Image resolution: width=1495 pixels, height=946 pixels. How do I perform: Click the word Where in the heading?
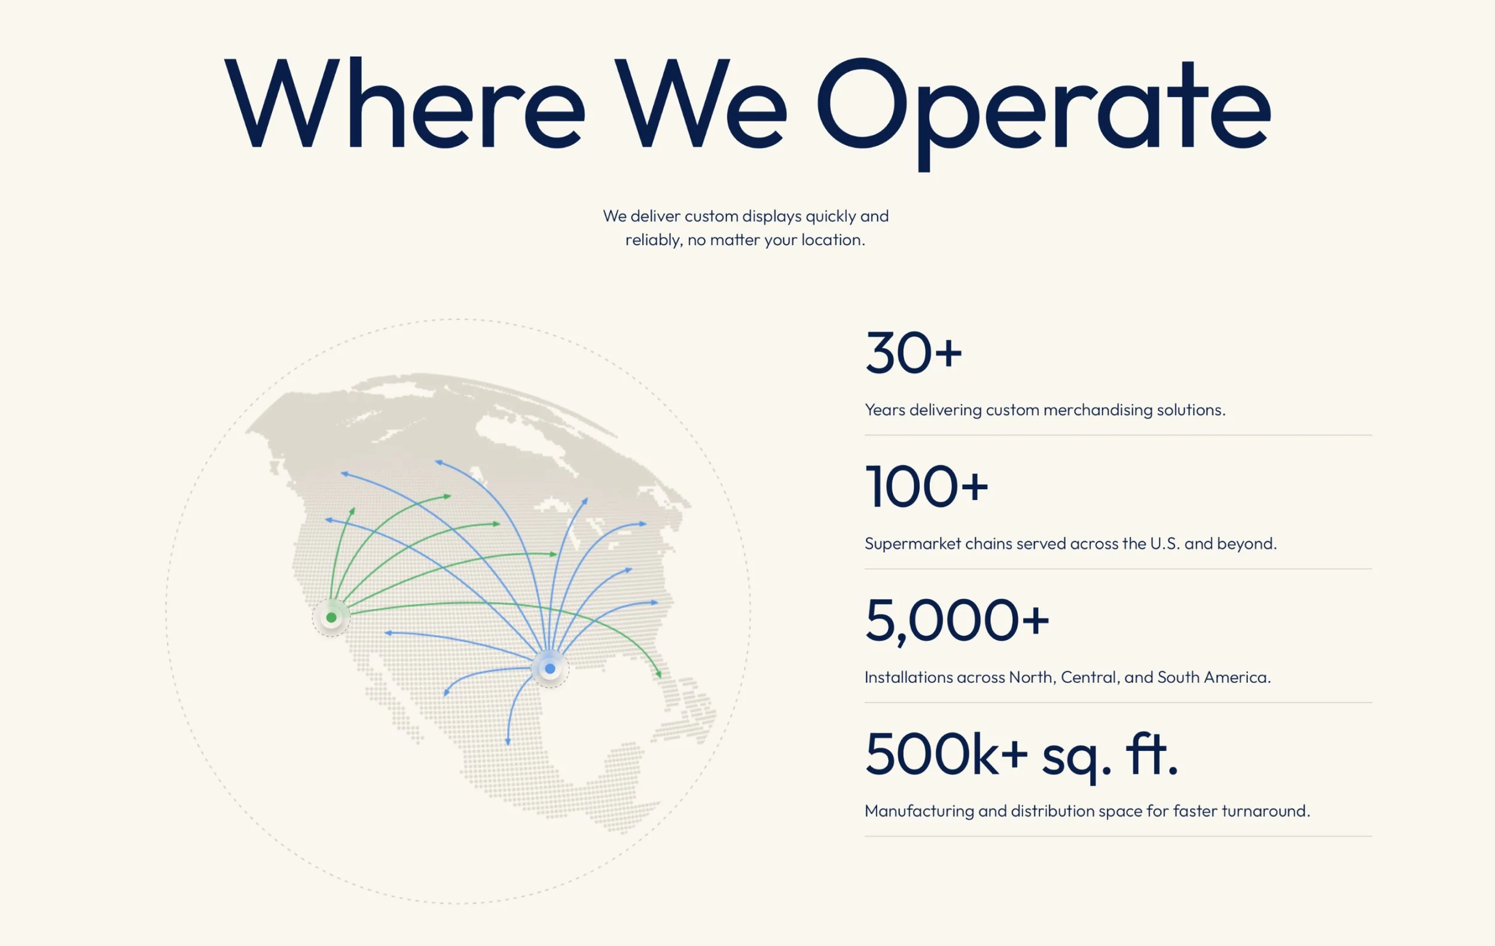[x=404, y=102]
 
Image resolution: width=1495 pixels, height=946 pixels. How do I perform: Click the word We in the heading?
[x=701, y=102]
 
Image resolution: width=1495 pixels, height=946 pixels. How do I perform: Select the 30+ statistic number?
[x=913, y=353]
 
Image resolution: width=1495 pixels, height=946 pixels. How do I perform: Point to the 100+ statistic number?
[x=926, y=487]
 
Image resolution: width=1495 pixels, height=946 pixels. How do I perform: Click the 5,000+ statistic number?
[x=957, y=621]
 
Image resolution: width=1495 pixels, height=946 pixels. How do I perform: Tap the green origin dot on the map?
[x=331, y=618]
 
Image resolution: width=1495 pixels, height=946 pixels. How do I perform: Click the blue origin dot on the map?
[x=550, y=669]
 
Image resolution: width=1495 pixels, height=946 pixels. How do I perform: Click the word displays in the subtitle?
[x=771, y=216]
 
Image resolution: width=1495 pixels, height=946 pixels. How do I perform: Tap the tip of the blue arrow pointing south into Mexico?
[x=508, y=744]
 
